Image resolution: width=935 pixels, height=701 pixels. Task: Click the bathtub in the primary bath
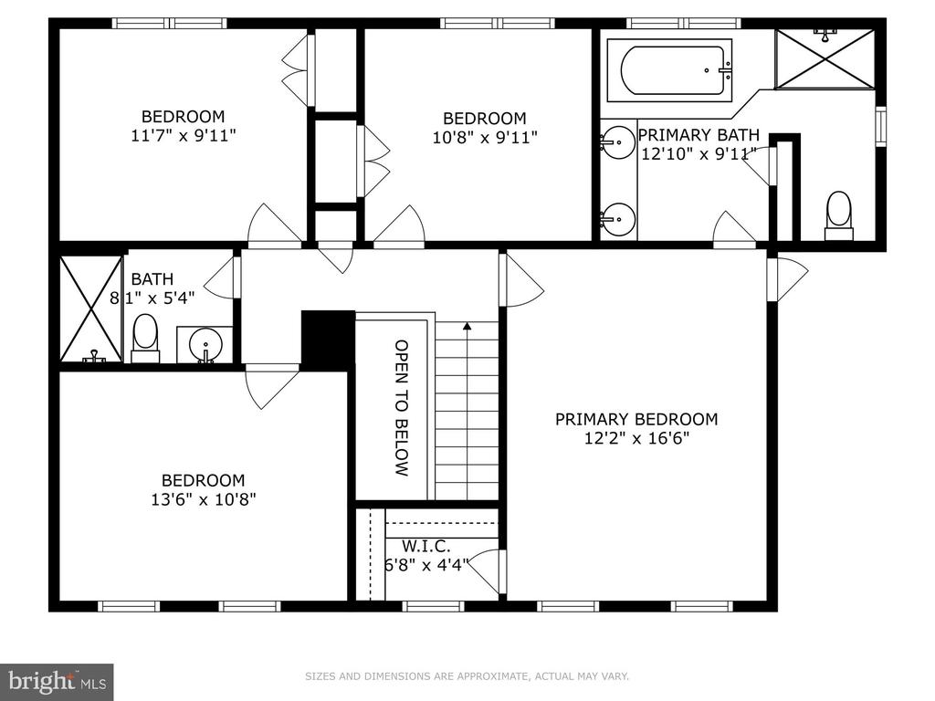(669, 71)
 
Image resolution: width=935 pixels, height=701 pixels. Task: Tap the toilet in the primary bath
(839, 215)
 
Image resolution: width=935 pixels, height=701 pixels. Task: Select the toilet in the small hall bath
(145, 339)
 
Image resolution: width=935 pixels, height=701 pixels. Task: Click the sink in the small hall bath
(205, 344)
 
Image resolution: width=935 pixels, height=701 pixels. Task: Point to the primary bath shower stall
(825, 59)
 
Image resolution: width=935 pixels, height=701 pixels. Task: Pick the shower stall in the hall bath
(91, 309)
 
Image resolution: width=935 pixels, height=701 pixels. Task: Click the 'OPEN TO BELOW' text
(402, 408)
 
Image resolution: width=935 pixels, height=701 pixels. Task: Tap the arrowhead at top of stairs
(467, 326)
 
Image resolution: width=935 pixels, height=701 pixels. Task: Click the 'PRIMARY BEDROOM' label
(636, 419)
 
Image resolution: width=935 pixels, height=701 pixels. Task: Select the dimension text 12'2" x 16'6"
(636, 439)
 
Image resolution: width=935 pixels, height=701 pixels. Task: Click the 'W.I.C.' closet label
(425, 546)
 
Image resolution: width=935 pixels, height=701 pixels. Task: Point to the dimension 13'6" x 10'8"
(204, 499)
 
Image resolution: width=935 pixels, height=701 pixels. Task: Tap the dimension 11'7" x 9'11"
(183, 136)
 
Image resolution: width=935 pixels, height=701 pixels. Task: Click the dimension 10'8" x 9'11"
(484, 138)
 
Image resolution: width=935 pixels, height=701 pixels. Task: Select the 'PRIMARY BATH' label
(699, 135)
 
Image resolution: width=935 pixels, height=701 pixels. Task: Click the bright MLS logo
(57, 680)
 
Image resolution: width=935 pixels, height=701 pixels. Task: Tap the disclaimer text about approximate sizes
(467, 676)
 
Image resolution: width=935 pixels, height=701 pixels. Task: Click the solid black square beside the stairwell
(328, 338)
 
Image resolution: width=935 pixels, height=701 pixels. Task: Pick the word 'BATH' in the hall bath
(152, 279)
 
